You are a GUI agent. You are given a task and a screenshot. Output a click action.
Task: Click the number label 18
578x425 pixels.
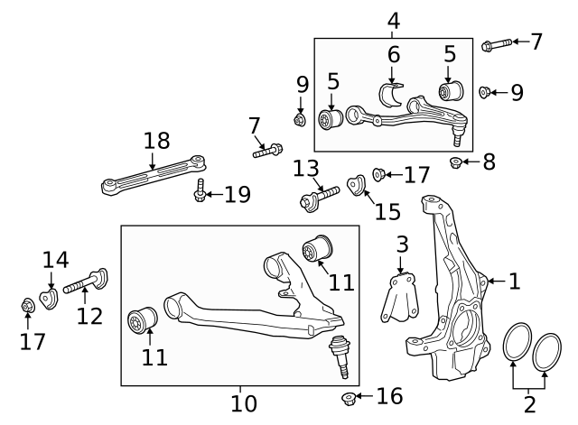pyautogui.click(x=155, y=140)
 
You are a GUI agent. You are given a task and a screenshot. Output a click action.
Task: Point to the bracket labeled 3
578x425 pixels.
pyautogui.click(x=395, y=298)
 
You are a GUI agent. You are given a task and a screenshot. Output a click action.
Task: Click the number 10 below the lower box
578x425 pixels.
pyautogui.click(x=243, y=402)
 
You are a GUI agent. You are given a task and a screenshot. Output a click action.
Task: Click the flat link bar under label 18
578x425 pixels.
pyautogui.click(x=154, y=176)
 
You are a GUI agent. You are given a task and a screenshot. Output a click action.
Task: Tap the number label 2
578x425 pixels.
pyautogui.click(x=530, y=403)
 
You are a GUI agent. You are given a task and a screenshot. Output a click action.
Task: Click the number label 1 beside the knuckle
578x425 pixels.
pyautogui.click(x=514, y=282)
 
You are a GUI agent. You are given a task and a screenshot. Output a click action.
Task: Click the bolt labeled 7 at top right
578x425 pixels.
pyautogui.click(x=498, y=42)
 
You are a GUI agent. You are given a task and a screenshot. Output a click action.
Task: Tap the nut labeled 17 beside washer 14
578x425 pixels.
pyautogui.click(x=28, y=307)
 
